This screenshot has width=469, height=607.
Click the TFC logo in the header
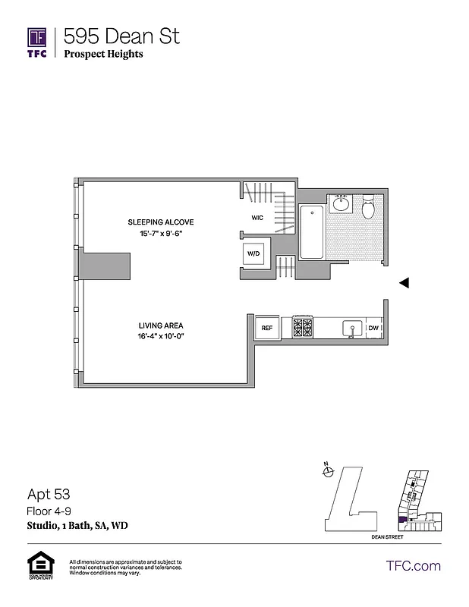(37, 42)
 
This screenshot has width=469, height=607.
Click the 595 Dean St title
(121, 36)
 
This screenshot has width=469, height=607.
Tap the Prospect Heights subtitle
(103, 54)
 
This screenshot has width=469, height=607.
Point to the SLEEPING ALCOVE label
(161, 222)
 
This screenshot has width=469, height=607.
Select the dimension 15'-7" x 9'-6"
(161, 234)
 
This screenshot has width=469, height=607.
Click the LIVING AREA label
(161, 326)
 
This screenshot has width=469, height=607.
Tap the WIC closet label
(257, 217)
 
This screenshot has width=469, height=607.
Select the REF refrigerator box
(267, 328)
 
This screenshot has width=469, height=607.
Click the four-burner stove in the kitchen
(303, 328)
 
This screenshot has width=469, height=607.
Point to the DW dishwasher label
(373, 328)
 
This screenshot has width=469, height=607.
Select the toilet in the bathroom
(369, 206)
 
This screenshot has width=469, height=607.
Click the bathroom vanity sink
(341, 204)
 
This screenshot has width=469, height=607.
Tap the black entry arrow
(404, 282)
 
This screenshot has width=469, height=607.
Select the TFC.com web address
(413, 565)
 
